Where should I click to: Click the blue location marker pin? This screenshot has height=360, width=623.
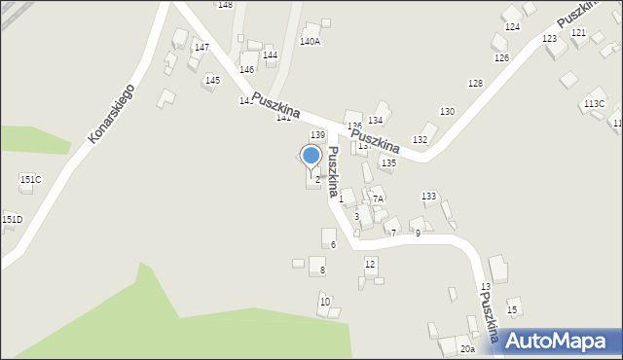311,156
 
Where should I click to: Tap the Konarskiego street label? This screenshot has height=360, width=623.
110,114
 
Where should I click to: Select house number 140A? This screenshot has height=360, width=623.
310,41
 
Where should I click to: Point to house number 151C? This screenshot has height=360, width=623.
30,179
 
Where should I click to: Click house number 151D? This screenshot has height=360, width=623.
12,219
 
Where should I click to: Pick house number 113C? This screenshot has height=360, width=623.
594,103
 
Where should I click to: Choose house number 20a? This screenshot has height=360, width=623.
468,348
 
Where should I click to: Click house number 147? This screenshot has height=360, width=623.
202,47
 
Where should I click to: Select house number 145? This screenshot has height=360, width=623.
212,80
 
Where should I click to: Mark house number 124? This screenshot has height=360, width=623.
512,26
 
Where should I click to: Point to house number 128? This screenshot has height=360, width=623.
475,84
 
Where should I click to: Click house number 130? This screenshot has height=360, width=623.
447,112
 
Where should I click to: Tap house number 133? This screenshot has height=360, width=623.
428,197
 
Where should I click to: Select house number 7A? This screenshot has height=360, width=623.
378,198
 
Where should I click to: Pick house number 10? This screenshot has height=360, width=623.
325,302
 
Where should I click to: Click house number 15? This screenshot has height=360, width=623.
512,309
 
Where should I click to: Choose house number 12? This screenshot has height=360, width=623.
370,264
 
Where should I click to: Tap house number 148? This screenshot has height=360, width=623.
225,5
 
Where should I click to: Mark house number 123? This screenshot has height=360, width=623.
549,38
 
